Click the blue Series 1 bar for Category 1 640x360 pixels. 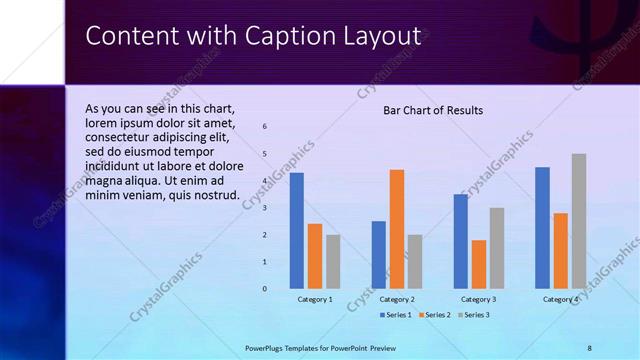pos(297,230)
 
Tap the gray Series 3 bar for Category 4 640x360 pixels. pos(579,221)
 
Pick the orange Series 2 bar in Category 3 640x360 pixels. pos(479,264)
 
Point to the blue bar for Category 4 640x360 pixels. pos(543,227)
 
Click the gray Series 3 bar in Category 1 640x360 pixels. pos(333,261)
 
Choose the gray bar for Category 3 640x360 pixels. pos(497,248)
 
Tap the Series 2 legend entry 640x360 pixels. pos(435,315)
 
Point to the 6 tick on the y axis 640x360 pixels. pos(265,127)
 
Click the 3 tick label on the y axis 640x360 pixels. pos(265,208)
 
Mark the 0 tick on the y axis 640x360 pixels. pos(265,289)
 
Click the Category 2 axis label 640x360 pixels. pos(397,300)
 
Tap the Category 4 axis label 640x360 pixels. pos(561,300)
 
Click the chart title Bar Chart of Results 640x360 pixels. pos(433,110)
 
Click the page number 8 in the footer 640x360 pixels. pos(589,348)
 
